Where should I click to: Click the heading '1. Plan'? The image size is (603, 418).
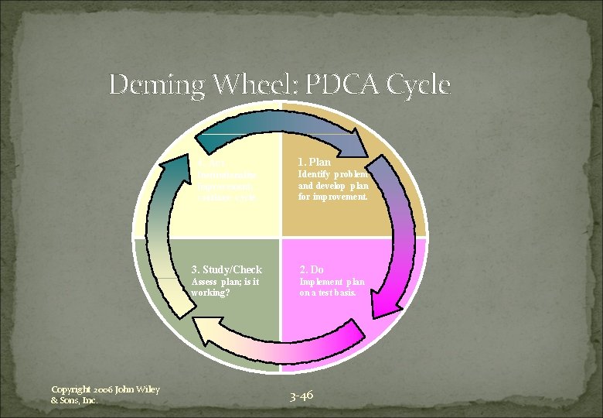tap(315, 163)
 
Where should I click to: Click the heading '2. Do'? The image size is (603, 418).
tap(312, 269)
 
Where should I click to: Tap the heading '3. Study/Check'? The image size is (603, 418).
tap(228, 269)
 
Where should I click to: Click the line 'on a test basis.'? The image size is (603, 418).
tap(328, 293)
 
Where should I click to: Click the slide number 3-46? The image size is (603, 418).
tap(301, 396)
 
